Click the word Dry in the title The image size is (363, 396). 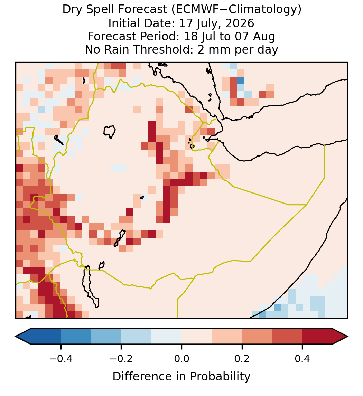pyautogui.click(x=71, y=10)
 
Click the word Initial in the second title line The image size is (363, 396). pyautogui.click(x=122, y=23)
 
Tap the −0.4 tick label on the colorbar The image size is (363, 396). pyautogui.click(x=61, y=359)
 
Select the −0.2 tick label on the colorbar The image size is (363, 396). pyautogui.click(x=121, y=359)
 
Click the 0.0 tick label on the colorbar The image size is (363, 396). pyautogui.click(x=181, y=359)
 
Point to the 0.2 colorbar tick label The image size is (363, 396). pyautogui.click(x=242, y=359)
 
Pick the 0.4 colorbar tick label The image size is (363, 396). pyautogui.click(x=302, y=359)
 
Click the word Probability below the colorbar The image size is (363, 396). pyautogui.click(x=220, y=377)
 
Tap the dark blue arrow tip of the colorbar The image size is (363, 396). pyautogui.click(x=16, y=337)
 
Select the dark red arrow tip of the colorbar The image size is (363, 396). pyautogui.click(x=347, y=337)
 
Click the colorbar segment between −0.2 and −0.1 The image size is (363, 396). pyautogui.click(x=136, y=337)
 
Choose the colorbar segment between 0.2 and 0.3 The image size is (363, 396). pyautogui.click(x=257, y=337)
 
